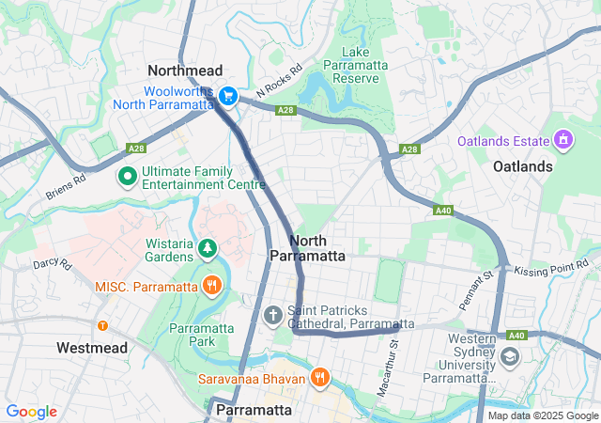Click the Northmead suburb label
[x=185, y=70]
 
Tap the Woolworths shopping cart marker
[x=227, y=96]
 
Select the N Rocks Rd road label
[x=279, y=82]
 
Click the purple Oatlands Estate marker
[x=563, y=140]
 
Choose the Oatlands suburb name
[x=523, y=165]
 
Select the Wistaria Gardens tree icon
[x=207, y=248]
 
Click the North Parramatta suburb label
[x=307, y=248]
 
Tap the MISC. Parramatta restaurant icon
[x=212, y=285]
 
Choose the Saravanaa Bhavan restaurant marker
[x=320, y=378]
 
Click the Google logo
[x=31, y=412]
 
